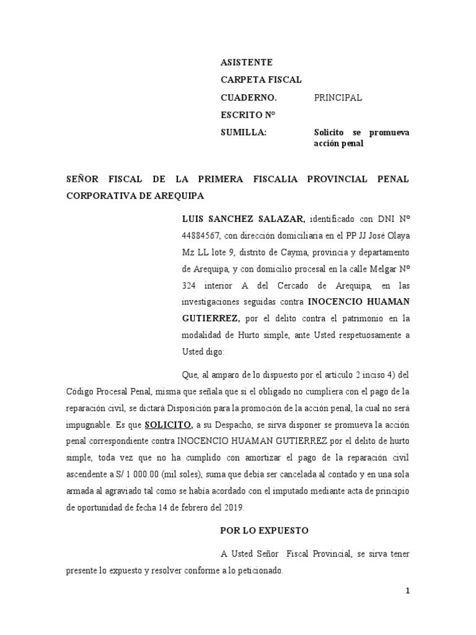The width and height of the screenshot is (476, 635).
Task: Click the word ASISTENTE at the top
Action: coord(246,63)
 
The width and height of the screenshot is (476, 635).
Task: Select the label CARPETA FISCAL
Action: coord(261,80)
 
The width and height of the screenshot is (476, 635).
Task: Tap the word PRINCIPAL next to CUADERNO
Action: coord(338,97)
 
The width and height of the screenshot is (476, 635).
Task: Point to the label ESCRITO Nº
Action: coord(247,115)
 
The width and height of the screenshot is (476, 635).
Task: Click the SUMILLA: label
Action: coord(244,132)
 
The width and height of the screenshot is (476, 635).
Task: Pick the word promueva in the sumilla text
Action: coord(389,132)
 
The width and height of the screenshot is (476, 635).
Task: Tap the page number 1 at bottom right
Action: coord(408,591)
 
